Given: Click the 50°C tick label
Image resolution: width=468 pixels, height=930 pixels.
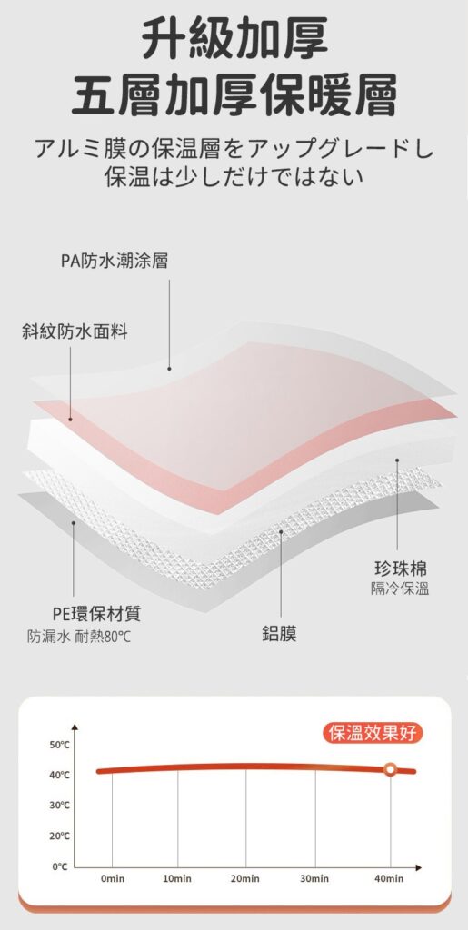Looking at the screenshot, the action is pos(59,745).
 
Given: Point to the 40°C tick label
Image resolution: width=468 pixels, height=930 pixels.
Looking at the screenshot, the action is pos(59,775).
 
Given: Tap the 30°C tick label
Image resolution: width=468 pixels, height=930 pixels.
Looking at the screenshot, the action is pos(59,806).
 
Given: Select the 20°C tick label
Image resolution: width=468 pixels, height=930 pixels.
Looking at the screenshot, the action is pos(59,836).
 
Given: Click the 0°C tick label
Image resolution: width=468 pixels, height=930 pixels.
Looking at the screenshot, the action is pos(60,866).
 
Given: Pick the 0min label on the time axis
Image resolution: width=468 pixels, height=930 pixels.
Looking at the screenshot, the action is pos(112,878).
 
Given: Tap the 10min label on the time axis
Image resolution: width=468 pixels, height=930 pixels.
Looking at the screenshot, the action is pos(177,878).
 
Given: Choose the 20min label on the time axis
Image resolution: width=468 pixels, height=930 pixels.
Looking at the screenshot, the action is pos(245,878).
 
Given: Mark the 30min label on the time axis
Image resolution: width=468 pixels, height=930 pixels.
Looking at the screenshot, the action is pos(314,878).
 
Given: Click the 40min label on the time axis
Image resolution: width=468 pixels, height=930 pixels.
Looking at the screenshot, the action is pos(389,878).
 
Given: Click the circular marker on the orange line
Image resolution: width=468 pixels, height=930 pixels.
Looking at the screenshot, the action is pos(390,769).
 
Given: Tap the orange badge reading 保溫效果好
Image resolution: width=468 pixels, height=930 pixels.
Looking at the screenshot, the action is pos(373,733).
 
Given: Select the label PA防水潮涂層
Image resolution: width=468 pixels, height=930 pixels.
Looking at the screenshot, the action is pos(115,261).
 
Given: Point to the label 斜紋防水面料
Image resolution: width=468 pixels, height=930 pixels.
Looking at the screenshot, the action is pos(75,331).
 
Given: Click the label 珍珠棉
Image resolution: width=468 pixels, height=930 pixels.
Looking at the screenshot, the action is pos(401,569).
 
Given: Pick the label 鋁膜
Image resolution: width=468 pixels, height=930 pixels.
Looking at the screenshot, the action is pos(279,633).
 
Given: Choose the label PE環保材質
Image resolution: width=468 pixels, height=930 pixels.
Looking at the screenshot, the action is pos(96,613).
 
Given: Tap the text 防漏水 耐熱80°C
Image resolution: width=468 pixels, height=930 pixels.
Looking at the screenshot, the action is pos(79,638).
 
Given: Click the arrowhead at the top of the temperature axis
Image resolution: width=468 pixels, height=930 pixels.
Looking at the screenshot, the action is pos(75,727).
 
